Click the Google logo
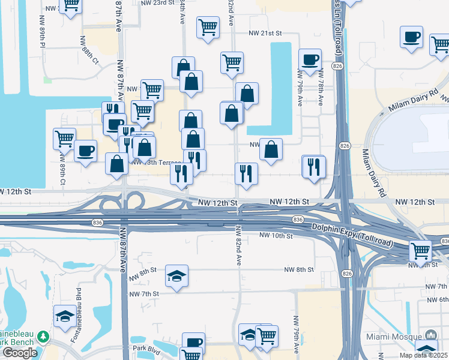pos(20,352)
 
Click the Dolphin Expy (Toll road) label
pos(352,233)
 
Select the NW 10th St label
pos(276,236)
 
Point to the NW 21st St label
pos(266,35)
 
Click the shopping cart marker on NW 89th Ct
pos(64,139)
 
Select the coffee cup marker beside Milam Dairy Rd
pos(412,37)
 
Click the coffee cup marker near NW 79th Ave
pos(310,60)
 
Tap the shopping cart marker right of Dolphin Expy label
pos(421,250)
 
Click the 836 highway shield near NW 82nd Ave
pos(298,220)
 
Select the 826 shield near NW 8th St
pos(346,274)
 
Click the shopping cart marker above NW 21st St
pos(208,26)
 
